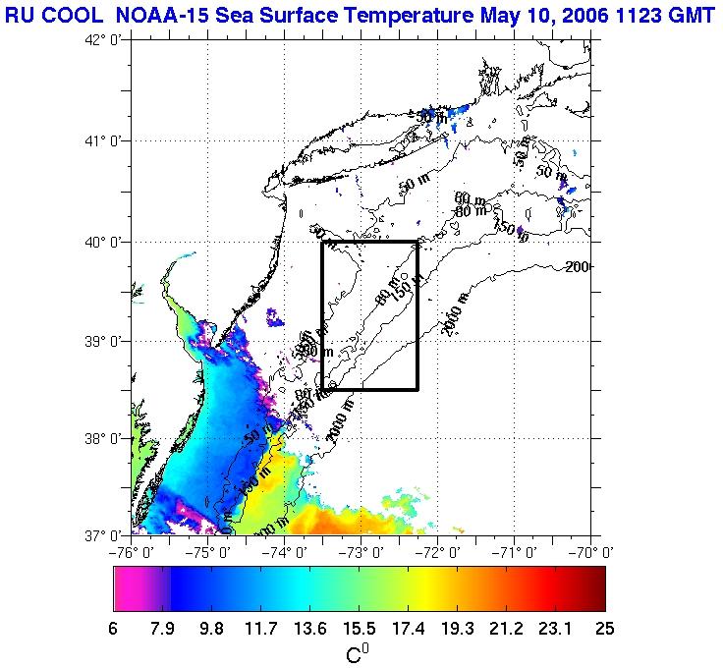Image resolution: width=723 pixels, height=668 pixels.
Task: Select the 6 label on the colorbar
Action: click(x=115, y=629)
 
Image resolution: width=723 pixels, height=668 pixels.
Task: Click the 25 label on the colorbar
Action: click(x=604, y=629)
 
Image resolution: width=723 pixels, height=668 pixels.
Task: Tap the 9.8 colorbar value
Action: click(x=211, y=629)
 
